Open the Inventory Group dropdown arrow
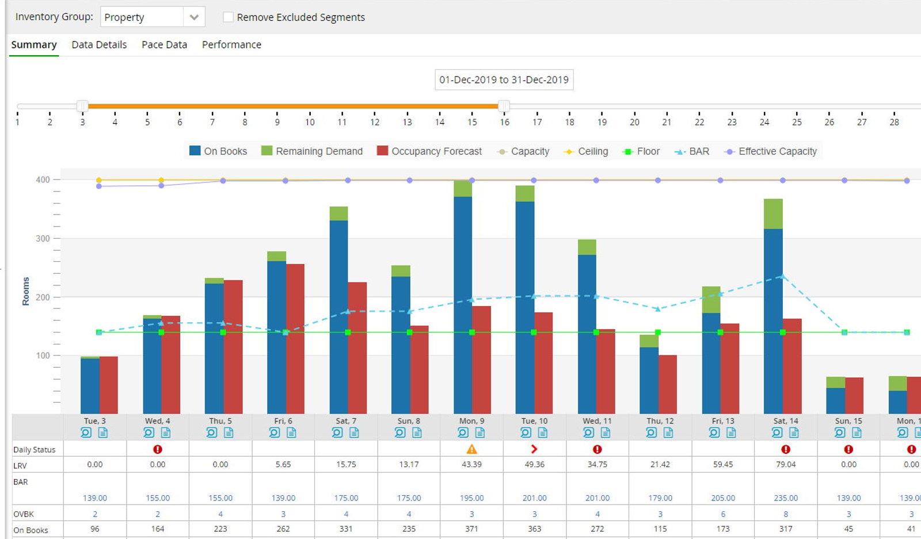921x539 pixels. (x=194, y=17)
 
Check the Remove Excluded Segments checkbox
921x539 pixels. (x=228, y=17)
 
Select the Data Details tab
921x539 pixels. (x=99, y=44)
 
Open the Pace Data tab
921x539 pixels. (x=164, y=44)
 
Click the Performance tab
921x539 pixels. (x=231, y=44)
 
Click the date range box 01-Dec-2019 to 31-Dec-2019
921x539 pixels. (x=504, y=80)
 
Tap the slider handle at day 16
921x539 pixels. (x=504, y=106)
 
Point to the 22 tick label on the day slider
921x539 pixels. (x=699, y=122)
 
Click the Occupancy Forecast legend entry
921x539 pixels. (x=429, y=151)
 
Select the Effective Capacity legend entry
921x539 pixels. (x=771, y=151)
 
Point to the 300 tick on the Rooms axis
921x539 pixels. (x=43, y=238)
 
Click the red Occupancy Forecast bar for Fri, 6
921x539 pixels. (x=295, y=338)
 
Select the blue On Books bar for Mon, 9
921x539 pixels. (x=463, y=305)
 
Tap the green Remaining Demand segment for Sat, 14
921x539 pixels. (x=774, y=214)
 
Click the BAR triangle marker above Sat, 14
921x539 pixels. (x=783, y=277)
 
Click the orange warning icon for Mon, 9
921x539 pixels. (x=471, y=449)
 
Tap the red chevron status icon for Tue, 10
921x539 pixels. (x=534, y=449)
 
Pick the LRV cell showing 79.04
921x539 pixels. (x=786, y=465)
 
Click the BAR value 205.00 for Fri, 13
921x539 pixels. (x=723, y=498)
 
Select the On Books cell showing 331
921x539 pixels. (x=346, y=529)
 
